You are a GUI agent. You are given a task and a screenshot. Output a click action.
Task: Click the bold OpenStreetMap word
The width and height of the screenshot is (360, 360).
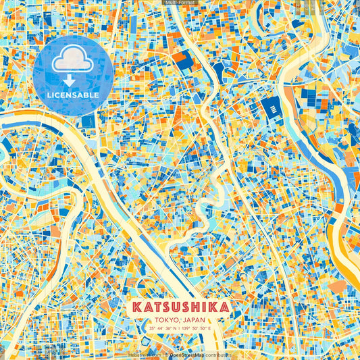click(x=187, y=354)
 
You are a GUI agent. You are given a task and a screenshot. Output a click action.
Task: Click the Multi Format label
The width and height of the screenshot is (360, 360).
click(x=180, y=3)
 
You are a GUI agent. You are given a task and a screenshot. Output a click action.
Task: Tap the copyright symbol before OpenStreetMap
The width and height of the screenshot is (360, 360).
click(x=166, y=354)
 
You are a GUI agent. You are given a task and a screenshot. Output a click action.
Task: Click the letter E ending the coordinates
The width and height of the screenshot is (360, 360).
click(x=209, y=329)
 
